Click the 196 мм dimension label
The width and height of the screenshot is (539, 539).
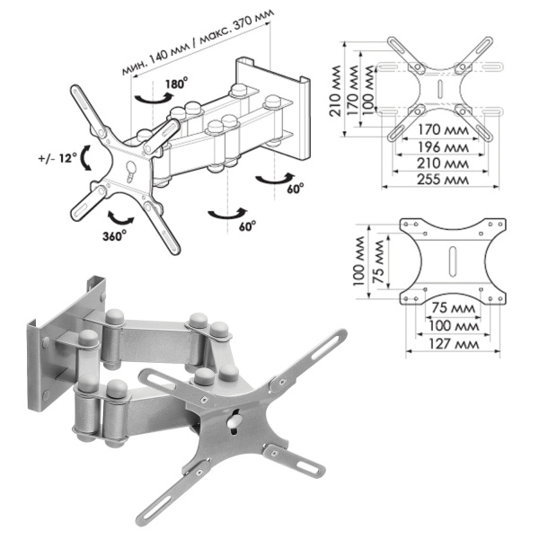pos(440,147)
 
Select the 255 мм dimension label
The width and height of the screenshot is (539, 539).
pos(440,180)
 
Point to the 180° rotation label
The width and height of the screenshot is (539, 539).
pos(175,85)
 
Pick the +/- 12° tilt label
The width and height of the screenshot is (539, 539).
pos(55,159)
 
